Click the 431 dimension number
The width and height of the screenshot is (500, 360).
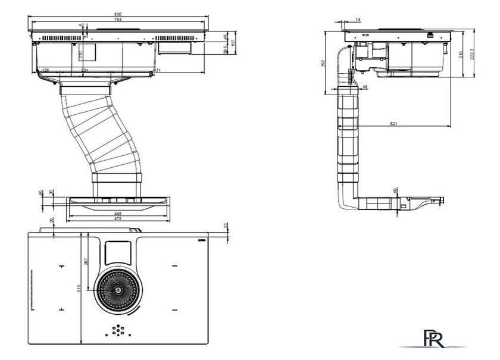(x=158, y=71)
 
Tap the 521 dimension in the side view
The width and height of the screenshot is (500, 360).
(x=393, y=123)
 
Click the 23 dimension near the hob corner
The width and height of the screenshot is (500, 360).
(x=225, y=226)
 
